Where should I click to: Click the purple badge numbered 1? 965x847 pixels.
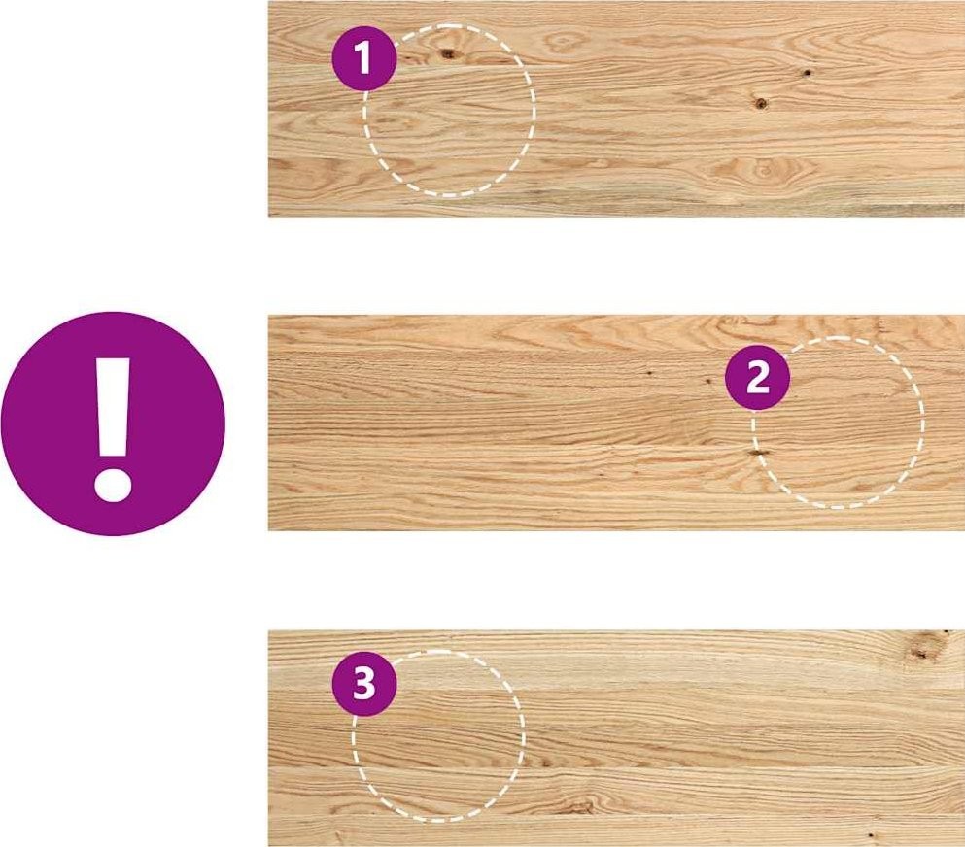(x=363, y=58)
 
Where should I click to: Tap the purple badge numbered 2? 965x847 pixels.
(x=757, y=378)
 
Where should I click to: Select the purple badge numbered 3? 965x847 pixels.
(x=363, y=684)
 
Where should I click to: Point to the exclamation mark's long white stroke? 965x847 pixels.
(x=113, y=407)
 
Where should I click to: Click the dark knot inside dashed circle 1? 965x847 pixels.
(x=448, y=54)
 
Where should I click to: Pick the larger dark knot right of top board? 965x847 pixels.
(x=761, y=103)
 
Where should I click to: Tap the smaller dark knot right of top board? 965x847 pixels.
(x=806, y=73)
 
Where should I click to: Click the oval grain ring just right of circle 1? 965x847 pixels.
(x=564, y=43)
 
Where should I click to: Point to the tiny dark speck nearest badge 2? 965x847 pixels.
(x=709, y=382)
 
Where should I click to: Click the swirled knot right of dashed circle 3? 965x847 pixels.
(x=577, y=804)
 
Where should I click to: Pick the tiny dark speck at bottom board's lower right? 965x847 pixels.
(x=870, y=836)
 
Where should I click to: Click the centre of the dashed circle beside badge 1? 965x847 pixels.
(x=449, y=111)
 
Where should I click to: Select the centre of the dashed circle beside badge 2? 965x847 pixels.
(x=838, y=423)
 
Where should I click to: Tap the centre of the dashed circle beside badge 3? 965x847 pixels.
(x=438, y=735)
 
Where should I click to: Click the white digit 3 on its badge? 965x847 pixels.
(x=363, y=684)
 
